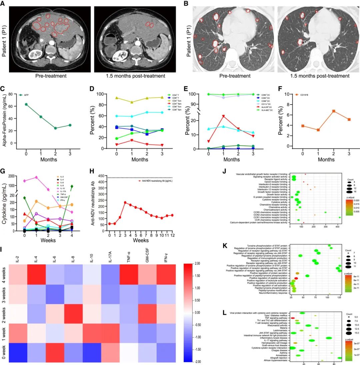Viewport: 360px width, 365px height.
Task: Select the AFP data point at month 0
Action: [26, 104]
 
